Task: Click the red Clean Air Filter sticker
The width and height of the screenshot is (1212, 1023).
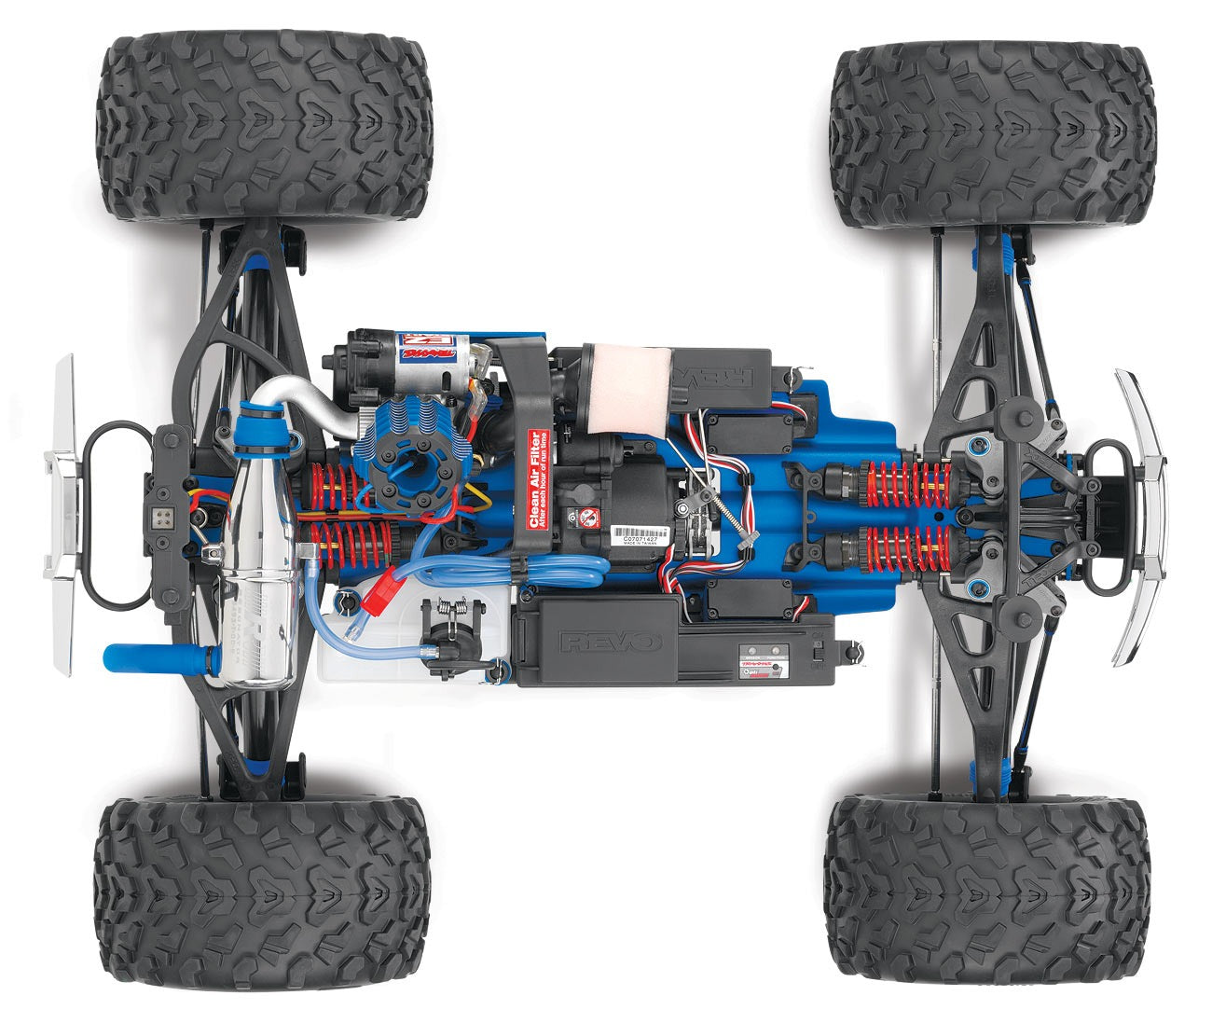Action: pyautogui.click(x=538, y=479)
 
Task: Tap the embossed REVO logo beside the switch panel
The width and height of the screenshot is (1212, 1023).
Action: pyautogui.click(x=610, y=641)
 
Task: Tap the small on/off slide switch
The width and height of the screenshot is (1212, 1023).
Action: pyautogui.click(x=817, y=652)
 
